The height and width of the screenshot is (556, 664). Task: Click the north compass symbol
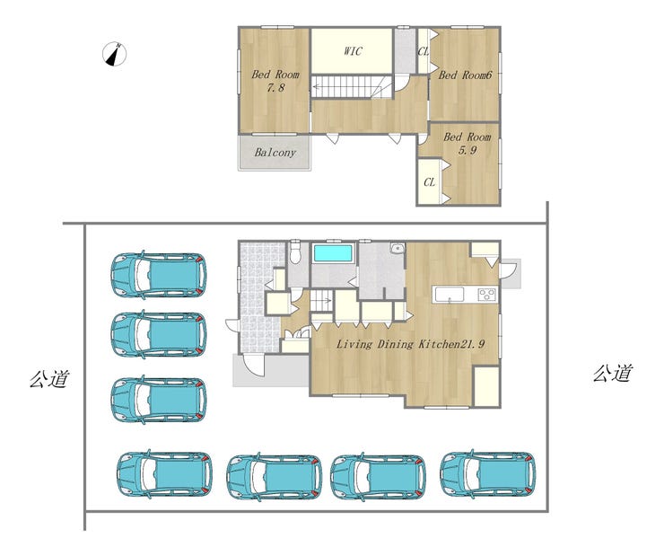point(114,54)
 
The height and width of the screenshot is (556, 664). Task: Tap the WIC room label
point(353,51)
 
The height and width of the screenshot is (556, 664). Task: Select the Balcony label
point(275,153)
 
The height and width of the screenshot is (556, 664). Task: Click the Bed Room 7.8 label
point(275,81)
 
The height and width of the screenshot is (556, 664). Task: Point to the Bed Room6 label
point(465,75)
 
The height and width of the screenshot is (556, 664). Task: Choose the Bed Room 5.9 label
point(467,143)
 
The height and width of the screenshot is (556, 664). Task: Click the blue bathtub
point(333,253)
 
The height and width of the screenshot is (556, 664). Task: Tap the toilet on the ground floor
point(295,252)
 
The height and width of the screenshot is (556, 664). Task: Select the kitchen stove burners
point(486,294)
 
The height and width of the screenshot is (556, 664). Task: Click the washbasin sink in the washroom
point(398,248)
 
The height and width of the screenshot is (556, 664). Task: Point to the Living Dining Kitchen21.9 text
point(410,344)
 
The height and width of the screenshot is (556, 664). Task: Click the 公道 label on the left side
point(49,378)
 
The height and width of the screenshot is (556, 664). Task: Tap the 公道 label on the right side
point(613,373)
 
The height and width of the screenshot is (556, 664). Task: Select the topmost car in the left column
point(159,274)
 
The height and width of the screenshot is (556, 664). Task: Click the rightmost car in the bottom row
point(488,473)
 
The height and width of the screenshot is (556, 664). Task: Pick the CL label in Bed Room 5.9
point(429,182)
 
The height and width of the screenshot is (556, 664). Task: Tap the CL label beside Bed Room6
point(423,52)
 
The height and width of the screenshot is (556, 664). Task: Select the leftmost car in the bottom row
point(165,473)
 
